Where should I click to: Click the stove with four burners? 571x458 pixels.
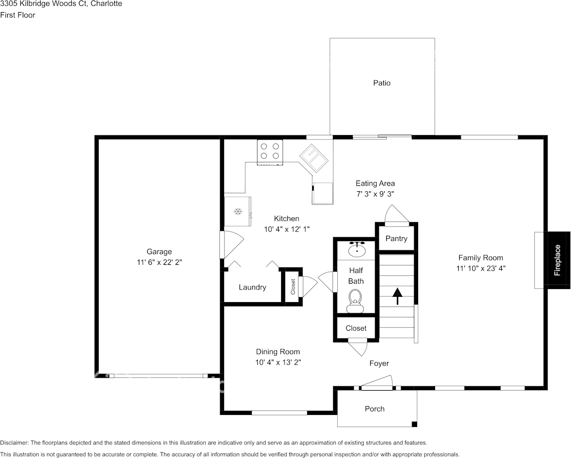[270, 150]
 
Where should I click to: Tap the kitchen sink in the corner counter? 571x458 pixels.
[313, 158]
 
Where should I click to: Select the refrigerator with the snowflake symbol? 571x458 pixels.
[237, 211]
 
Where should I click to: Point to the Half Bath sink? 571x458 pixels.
[357, 249]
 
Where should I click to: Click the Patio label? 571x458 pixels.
[381, 83]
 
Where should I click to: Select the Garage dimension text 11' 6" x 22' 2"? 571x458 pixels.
[159, 262]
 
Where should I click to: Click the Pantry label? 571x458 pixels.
[396, 238]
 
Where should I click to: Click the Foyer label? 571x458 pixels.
[379, 363]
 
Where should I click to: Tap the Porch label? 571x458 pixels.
[375, 409]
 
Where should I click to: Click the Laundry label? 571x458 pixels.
[252, 287]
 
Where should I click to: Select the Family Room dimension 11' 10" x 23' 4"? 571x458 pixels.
[481, 268]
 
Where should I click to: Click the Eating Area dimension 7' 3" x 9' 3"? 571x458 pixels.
[375, 193]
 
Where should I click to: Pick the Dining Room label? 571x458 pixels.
[278, 351]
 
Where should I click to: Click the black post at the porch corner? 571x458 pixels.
[414, 425]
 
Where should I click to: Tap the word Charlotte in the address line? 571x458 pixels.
[106, 3]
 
